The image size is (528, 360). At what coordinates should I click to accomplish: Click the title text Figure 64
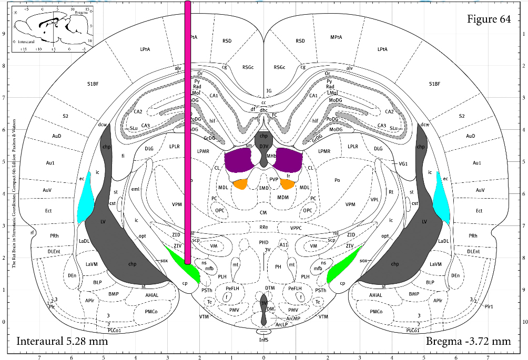pyautogui.click(x=489, y=19)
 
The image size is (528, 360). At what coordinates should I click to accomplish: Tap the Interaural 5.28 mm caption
pyautogui.click(x=62, y=341)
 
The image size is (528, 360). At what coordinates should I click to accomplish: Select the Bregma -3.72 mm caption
pyautogui.click(x=468, y=341)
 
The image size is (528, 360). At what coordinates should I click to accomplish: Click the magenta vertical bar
pyautogui.click(x=187, y=131)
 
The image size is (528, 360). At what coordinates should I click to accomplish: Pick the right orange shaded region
pyautogui.click(x=287, y=184)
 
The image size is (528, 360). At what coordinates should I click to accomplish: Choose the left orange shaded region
pyautogui.click(x=240, y=184)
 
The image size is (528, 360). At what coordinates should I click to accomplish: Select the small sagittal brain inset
pyautogui.click(x=53, y=28)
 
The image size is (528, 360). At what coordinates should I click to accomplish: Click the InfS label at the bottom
pyautogui.click(x=263, y=340)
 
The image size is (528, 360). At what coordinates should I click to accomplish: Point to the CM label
pyautogui.click(x=263, y=212)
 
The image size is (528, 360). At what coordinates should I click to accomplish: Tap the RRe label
pyautogui.click(x=263, y=228)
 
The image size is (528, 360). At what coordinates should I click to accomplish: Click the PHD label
pyautogui.click(x=263, y=242)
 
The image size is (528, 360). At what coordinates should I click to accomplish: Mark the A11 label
pyautogui.click(x=284, y=244)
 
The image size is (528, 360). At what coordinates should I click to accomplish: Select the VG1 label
pyautogui.click(x=403, y=164)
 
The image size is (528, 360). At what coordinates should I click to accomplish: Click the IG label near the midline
pyautogui.click(x=269, y=91)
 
